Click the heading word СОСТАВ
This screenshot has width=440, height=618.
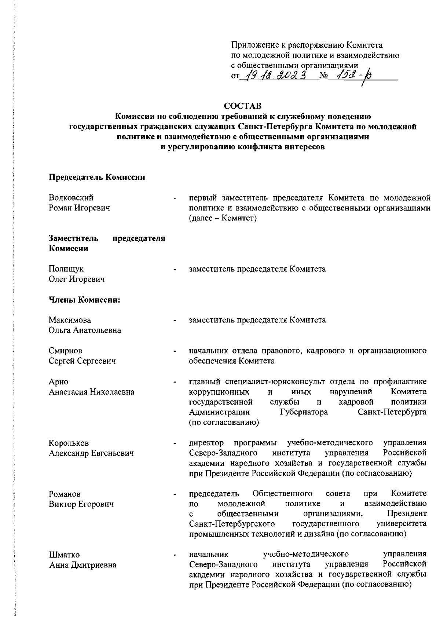pos(243,106)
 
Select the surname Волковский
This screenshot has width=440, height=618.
pos(71,198)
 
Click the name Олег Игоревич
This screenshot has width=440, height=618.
pos(77,279)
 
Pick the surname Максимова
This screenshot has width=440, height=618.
pos(70,320)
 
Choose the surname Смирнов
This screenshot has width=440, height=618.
pos(66,351)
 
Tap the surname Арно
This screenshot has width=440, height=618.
pos(59,382)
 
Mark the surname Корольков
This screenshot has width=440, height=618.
pos(69,443)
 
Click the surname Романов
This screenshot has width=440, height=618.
pos(65,494)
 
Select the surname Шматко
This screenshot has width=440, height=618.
pos(65,555)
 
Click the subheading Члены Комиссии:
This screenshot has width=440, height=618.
pos(85,300)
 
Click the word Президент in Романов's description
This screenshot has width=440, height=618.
pos(407,513)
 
